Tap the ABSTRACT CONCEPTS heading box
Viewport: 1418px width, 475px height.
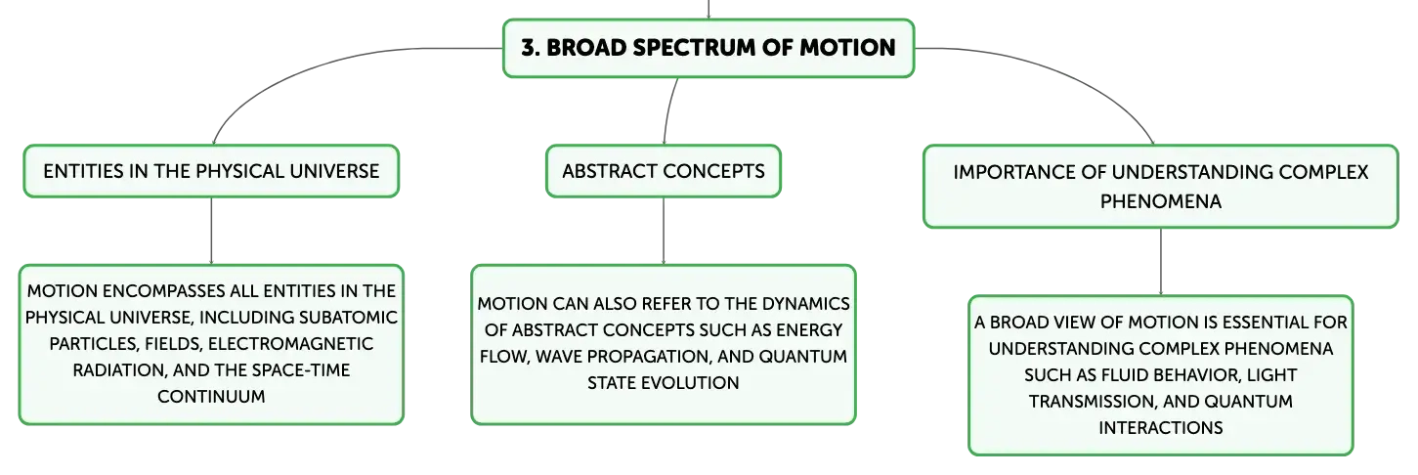tap(664, 171)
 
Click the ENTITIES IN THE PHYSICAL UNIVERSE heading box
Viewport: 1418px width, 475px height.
tap(211, 171)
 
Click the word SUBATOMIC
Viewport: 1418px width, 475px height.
tap(348, 318)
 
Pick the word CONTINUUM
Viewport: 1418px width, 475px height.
tap(211, 397)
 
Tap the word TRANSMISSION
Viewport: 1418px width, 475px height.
tap(1094, 402)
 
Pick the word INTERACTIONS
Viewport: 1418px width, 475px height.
tap(1161, 428)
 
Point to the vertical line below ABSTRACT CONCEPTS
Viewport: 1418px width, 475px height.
tap(664, 231)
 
